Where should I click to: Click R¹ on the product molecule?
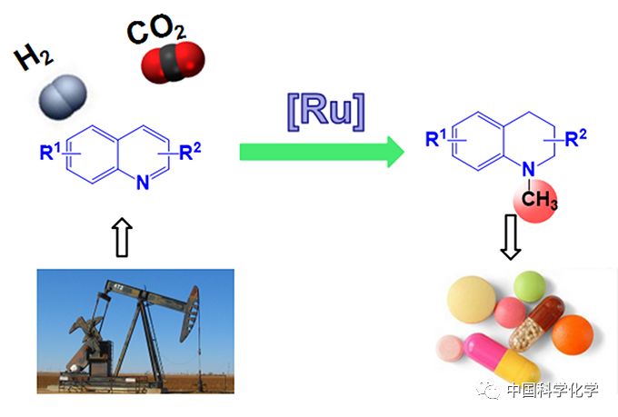[437, 138]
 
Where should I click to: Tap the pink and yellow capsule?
[501, 358]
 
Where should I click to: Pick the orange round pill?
[572, 335]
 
